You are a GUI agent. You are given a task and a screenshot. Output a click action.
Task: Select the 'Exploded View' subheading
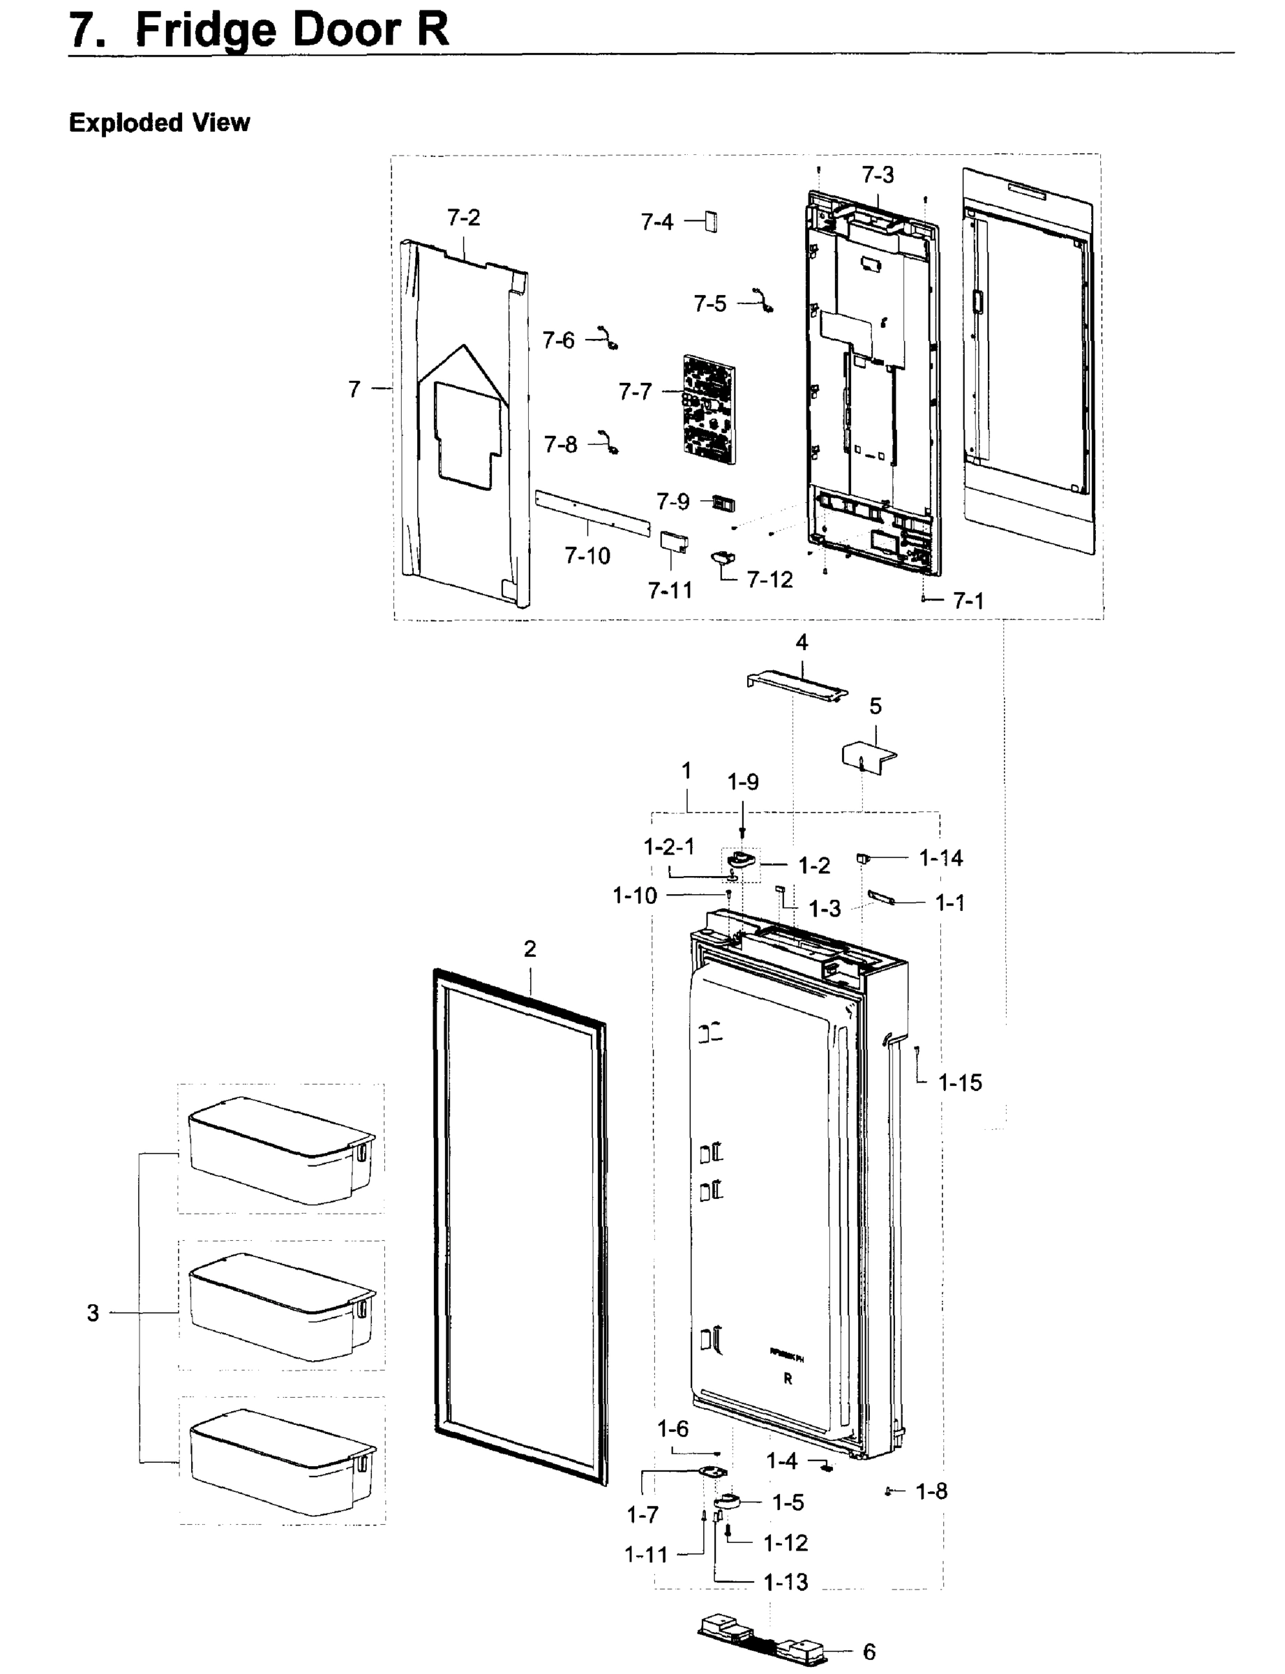pos(159,122)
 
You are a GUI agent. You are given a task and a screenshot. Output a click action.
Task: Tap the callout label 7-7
pos(634,391)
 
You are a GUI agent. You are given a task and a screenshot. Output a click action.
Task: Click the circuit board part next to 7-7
pos(709,409)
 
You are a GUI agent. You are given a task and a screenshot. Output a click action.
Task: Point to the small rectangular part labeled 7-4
pos(711,221)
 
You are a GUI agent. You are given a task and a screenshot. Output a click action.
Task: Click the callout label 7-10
pos(587,556)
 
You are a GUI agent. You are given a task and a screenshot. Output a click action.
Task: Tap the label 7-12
pos(769,580)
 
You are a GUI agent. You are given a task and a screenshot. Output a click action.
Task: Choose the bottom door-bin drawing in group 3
pos(281,1460)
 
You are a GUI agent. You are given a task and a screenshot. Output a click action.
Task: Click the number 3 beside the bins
pos(93,1313)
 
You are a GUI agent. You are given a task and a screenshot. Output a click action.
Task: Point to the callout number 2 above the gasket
pos(530,949)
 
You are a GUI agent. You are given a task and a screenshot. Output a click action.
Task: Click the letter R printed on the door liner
pos(788,1380)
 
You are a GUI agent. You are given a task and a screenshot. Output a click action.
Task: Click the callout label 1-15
pos(959,1083)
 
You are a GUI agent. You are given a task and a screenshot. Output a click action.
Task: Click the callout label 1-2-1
pos(668,847)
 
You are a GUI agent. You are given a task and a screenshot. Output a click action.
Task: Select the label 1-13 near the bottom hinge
pos(786,1582)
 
